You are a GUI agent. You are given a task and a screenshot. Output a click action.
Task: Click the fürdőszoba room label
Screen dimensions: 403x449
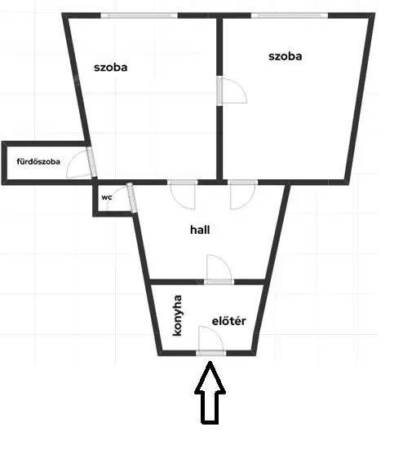pyautogui.click(x=38, y=161)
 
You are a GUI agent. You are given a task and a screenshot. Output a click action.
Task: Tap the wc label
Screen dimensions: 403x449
pyautogui.click(x=107, y=197)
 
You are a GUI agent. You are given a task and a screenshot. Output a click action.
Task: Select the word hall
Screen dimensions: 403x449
pyautogui.click(x=200, y=230)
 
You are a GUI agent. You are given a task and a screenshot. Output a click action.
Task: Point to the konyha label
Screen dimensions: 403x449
pyautogui.click(x=177, y=315)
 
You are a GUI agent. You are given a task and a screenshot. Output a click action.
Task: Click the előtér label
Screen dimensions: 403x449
pyautogui.click(x=228, y=321)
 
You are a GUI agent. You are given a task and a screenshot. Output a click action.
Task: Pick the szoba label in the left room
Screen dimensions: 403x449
pyautogui.click(x=111, y=68)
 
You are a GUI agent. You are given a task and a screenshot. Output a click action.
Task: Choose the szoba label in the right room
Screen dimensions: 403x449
pyautogui.click(x=286, y=56)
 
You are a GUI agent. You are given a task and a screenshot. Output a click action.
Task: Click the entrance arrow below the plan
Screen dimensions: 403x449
pyautogui.click(x=210, y=393)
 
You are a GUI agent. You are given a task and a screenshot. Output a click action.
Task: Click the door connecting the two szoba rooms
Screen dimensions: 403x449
pyautogui.click(x=232, y=90)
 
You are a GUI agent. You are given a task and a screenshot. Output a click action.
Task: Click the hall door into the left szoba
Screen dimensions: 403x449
pyautogui.click(x=183, y=195)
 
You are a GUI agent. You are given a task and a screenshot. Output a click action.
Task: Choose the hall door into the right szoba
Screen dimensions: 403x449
pyautogui.click(x=242, y=195)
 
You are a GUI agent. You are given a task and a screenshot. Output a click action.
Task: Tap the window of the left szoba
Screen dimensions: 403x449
pyautogui.click(x=139, y=15)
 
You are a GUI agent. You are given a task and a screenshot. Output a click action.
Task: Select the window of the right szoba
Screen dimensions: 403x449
pyautogui.click(x=290, y=15)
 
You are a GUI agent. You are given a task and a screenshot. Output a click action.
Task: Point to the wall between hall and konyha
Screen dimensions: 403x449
pyautogui.click(x=177, y=282)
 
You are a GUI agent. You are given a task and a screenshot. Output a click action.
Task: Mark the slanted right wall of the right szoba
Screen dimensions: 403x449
pyautogui.click(x=360, y=97)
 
